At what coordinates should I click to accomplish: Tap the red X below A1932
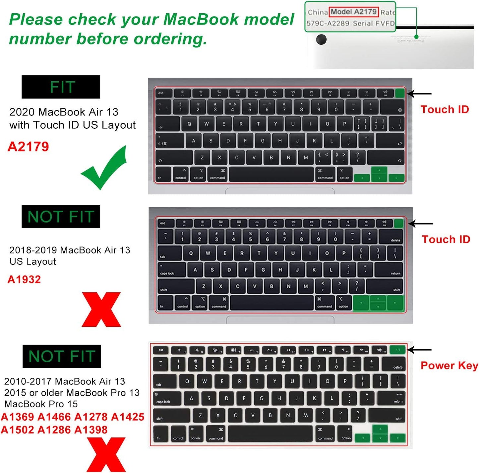(x=101, y=309)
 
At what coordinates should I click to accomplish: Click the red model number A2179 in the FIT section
(x=29, y=147)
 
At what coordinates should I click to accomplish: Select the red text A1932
(x=24, y=279)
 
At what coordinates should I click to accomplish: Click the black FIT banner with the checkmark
(x=61, y=87)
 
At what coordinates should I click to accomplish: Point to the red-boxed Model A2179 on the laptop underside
(x=353, y=12)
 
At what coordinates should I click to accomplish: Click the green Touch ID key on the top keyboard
(x=400, y=93)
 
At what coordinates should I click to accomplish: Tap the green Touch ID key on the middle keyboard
(x=399, y=223)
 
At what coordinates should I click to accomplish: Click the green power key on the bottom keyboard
(x=398, y=350)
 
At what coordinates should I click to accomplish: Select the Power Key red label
(x=449, y=366)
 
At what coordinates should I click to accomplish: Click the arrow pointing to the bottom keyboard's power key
(x=420, y=350)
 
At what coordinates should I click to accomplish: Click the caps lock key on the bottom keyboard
(x=167, y=399)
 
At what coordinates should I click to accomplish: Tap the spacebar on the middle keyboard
(x=272, y=303)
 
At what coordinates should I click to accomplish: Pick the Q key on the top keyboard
(x=189, y=124)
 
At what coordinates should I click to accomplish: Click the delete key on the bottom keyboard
(x=394, y=365)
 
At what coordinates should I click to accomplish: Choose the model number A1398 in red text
(x=91, y=430)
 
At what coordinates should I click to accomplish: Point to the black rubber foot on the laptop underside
(x=321, y=39)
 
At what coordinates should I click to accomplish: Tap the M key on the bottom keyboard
(x=305, y=415)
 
